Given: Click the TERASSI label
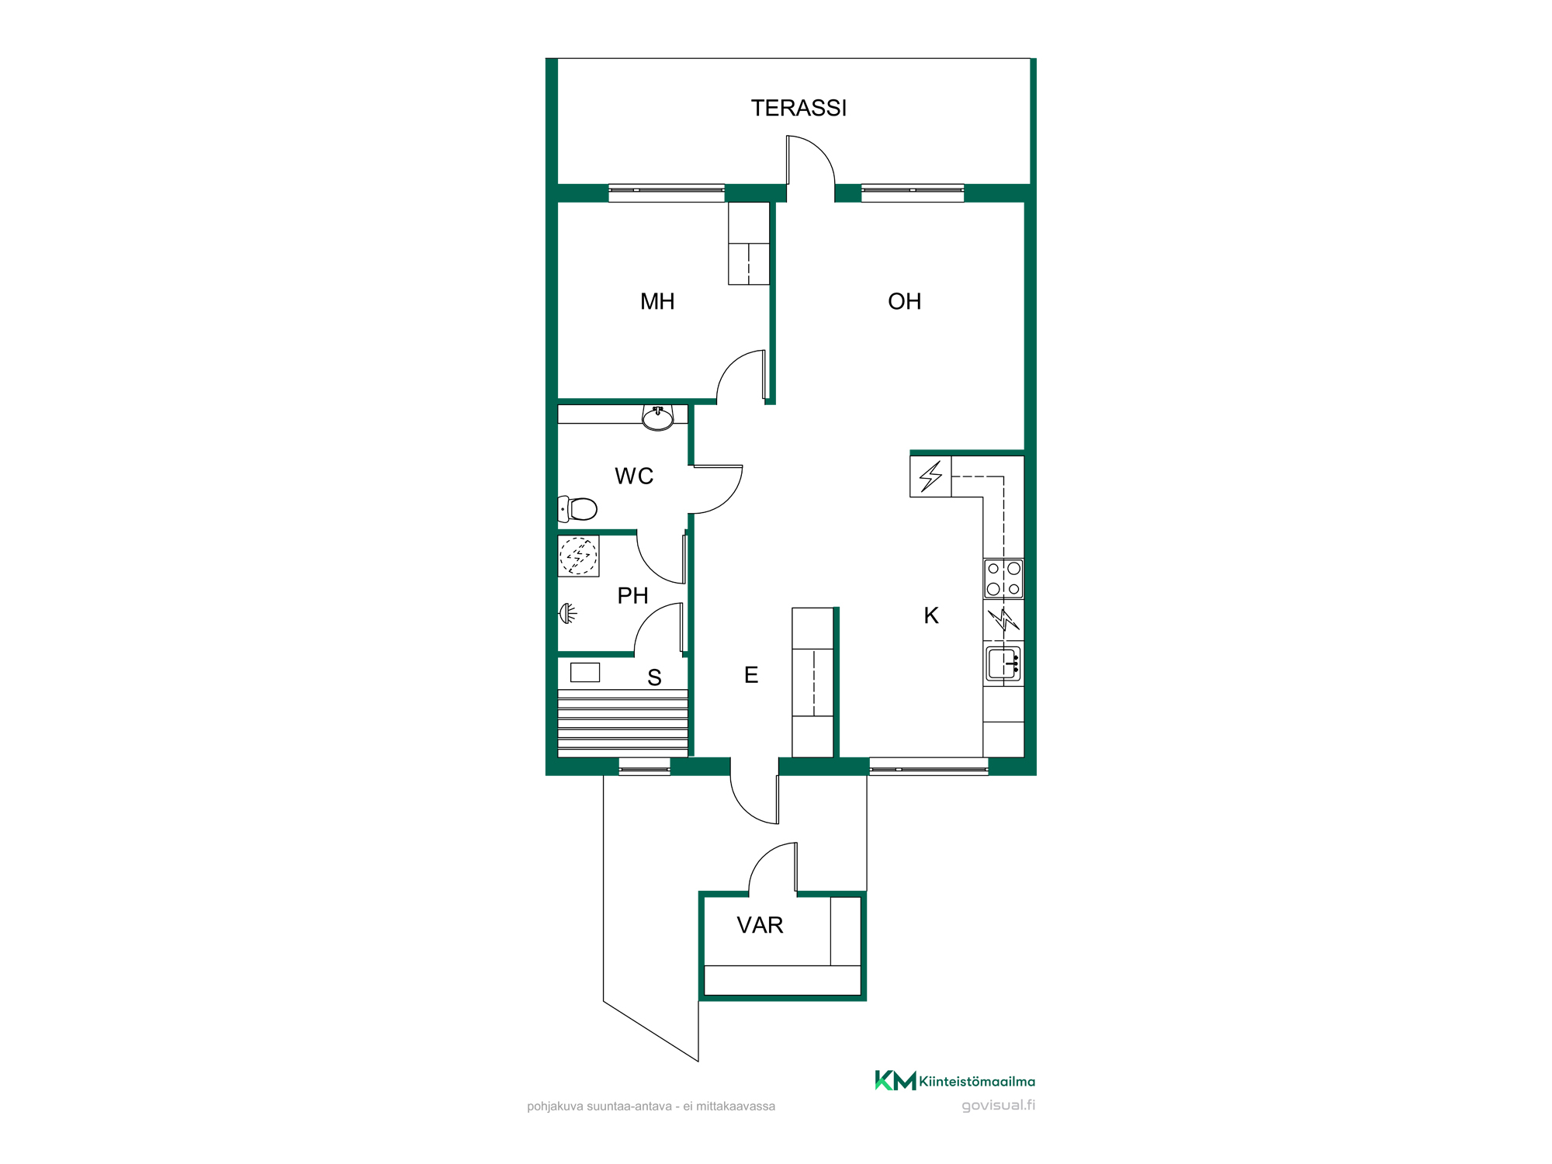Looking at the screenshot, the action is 799,108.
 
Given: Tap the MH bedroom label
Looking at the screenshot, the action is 657,301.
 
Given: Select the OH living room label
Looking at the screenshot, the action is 904,301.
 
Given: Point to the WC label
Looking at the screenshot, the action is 634,476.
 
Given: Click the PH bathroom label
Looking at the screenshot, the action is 632,595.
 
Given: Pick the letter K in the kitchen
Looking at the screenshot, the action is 931,615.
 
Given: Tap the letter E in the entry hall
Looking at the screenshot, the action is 751,675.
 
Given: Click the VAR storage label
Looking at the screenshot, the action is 760,925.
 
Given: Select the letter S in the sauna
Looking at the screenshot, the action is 654,677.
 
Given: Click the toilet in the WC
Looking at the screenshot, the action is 577,509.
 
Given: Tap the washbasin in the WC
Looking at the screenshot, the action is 658,418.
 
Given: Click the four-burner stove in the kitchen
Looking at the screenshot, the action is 1003,579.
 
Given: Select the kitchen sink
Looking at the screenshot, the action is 1003,663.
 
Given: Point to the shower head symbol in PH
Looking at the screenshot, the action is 569,614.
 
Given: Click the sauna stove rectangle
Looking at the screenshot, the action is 585,672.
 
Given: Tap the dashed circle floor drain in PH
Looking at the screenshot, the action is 578,556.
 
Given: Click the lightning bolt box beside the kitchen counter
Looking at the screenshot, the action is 930,476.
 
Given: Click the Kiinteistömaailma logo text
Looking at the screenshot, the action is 977,1081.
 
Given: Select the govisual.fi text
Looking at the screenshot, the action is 998,1105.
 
